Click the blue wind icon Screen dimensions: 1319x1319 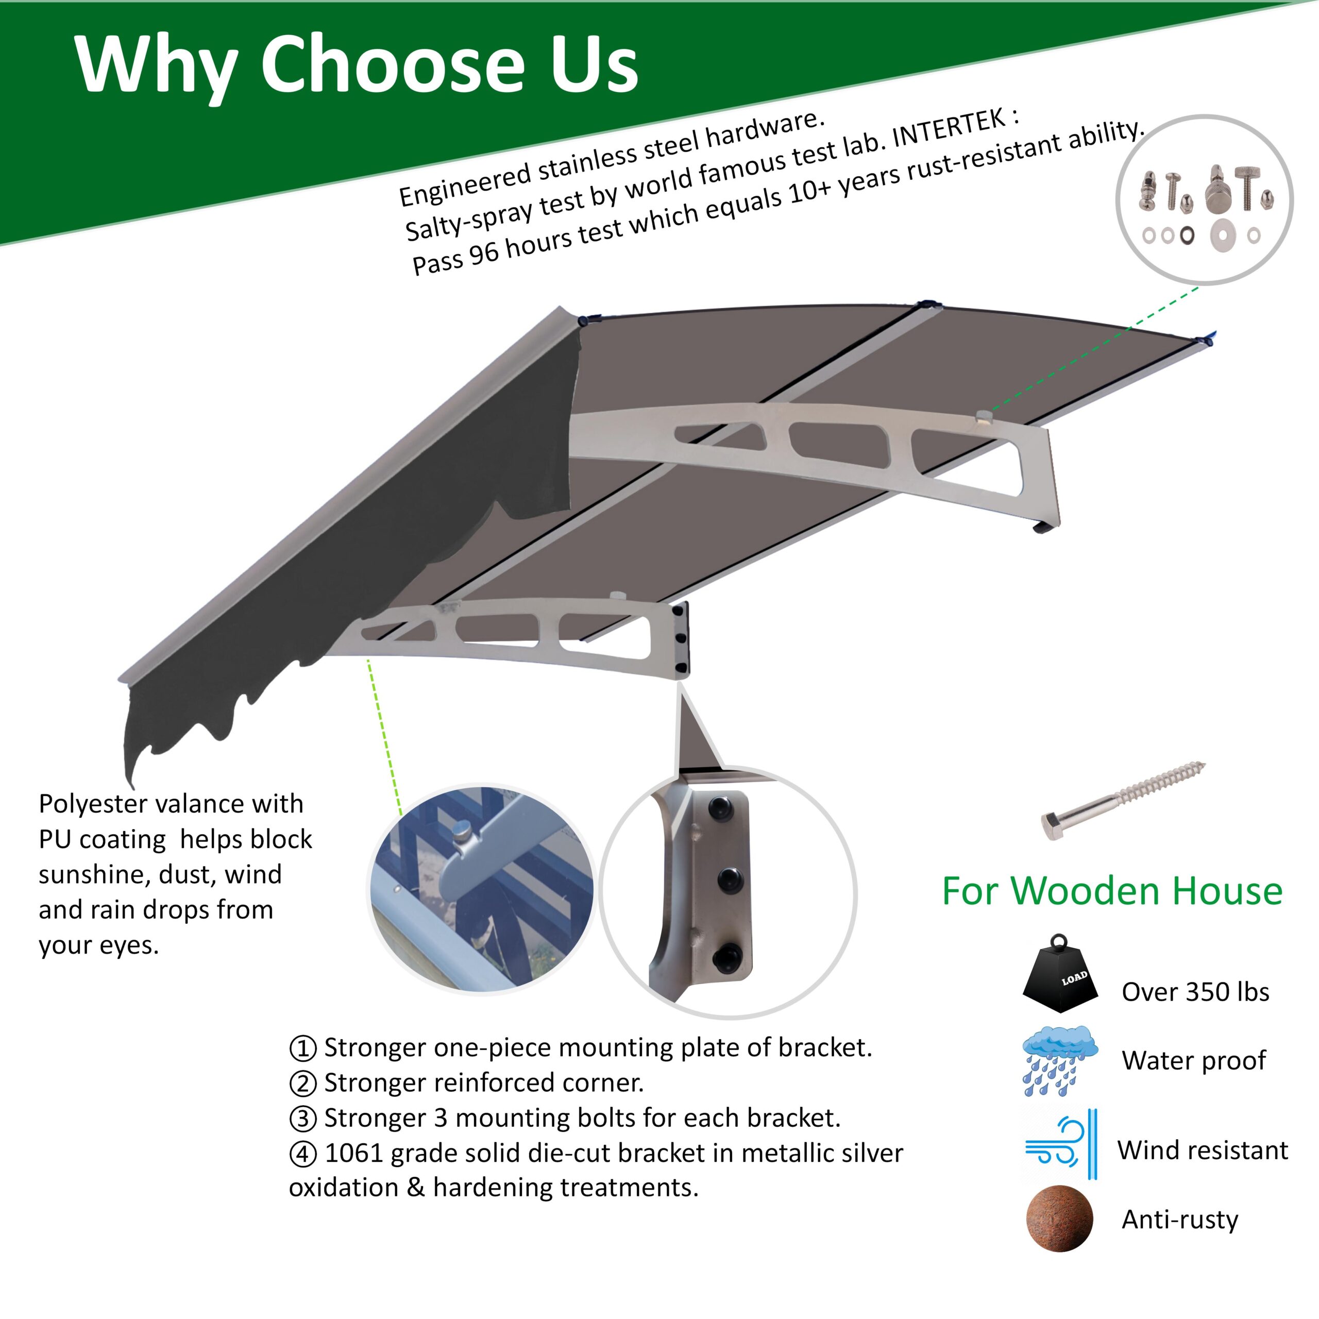point(1060,1145)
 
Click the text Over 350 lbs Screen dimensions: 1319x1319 point(1195,992)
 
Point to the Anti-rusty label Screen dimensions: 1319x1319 point(1180,1220)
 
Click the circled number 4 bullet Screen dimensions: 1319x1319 point(302,1154)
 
